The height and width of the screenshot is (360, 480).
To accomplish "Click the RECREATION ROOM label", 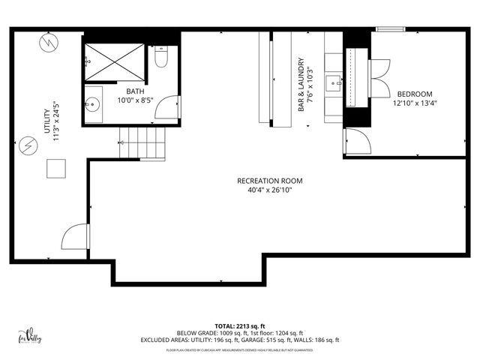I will point(270,181).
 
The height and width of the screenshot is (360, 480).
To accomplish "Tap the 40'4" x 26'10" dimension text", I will point(270,190).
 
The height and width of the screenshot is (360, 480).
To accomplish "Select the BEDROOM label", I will point(414,94).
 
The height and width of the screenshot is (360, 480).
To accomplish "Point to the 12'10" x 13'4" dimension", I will point(414,103).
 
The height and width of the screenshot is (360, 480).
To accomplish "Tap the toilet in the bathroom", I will point(160,58).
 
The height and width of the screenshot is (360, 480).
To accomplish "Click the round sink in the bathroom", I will point(92,105).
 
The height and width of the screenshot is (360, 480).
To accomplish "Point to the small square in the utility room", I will point(56,169).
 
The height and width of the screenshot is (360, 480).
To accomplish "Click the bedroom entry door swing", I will point(354,140).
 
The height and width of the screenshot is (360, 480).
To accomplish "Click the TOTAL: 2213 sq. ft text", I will point(240,325).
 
